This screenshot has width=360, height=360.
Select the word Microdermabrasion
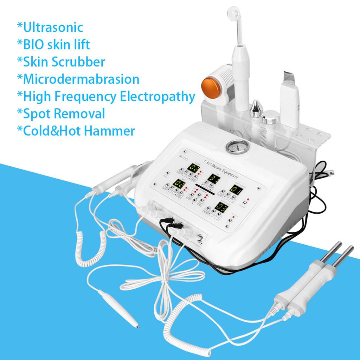81,79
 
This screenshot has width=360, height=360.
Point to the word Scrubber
82,62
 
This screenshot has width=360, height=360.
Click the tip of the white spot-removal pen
137,327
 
